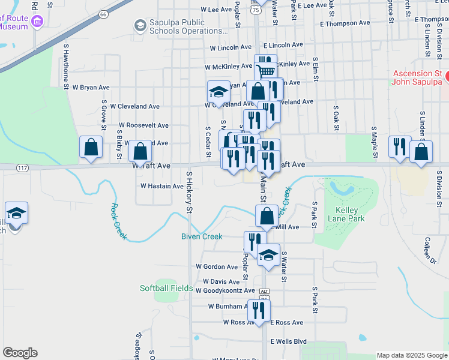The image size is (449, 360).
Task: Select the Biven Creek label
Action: coord(202,236)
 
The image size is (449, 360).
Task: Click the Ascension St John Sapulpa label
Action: coord(417,77)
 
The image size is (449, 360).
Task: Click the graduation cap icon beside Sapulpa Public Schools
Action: coord(140,25)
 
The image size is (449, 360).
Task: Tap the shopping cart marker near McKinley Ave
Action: coord(267,71)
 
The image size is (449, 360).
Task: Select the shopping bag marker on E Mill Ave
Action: coord(267,215)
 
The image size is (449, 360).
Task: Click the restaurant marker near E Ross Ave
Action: coord(259,310)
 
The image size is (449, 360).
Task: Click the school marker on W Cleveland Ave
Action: coord(218,91)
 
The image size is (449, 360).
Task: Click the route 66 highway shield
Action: coord(104,13)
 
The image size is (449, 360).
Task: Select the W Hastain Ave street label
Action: coord(162,186)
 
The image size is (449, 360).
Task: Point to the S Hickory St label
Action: coord(188,193)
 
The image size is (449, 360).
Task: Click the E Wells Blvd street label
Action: coord(288,341)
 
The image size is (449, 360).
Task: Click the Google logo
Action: coord(20,353)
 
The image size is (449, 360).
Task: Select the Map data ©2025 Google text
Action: coord(411,355)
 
